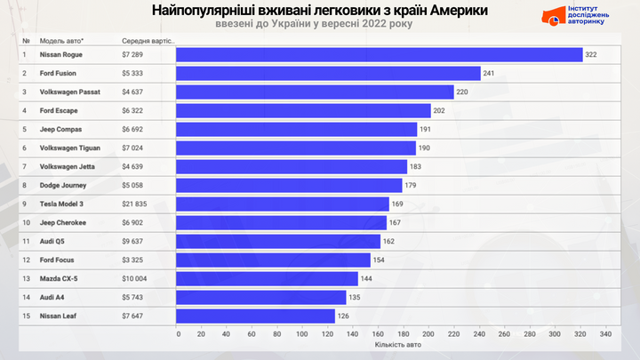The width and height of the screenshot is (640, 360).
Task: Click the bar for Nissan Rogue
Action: (x=380, y=55)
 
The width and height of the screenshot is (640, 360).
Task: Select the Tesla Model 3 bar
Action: (x=284, y=204)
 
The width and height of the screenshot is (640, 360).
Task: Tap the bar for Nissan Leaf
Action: (x=256, y=316)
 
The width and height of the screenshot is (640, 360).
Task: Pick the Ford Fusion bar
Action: (x=328, y=74)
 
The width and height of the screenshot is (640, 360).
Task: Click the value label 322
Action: (x=590, y=55)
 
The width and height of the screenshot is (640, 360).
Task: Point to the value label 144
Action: (x=366, y=278)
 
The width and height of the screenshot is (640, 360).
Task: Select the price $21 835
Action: (x=136, y=204)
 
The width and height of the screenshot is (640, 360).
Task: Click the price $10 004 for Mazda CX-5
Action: (x=136, y=278)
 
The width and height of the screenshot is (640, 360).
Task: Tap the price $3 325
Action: (x=133, y=260)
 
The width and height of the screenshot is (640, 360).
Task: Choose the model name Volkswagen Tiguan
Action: (x=69, y=148)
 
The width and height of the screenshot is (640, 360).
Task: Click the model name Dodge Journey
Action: (x=63, y=185)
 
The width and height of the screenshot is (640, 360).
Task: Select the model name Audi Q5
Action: (x=53, y=241)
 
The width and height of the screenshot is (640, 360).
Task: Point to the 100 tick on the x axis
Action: (x=304, y=334)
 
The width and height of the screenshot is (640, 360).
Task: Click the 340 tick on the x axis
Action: (x=606, y=334)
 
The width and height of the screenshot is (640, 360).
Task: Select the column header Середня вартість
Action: (x=148, y=41)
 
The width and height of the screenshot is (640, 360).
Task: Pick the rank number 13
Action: (x=26, y=278)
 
